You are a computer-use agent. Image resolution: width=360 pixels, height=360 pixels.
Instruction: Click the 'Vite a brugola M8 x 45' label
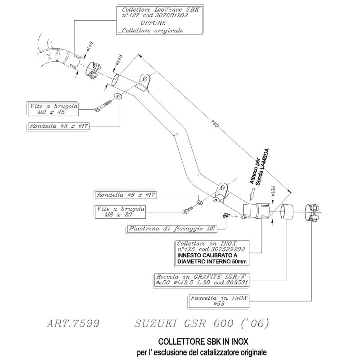click(53, 109)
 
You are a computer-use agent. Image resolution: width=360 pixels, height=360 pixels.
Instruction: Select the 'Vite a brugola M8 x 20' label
click(120, 211)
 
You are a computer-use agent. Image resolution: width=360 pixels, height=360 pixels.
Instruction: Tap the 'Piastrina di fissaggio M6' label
click(171, 229)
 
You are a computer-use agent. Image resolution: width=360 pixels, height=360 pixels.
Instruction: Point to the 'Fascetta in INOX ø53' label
click(219, 301)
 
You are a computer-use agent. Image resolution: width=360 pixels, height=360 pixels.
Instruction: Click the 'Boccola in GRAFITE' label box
click(201, 279)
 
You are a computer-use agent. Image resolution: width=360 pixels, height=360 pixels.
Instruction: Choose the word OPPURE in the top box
click(153, 23)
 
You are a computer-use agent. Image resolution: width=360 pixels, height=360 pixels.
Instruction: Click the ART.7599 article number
click(73, 324)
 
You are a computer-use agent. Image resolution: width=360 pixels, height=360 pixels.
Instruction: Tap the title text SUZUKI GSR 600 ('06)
click(201, 324)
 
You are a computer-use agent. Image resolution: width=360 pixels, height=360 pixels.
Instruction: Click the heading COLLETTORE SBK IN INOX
click(203, 342)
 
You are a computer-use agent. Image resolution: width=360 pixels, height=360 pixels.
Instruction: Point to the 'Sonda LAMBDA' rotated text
click(262, 167)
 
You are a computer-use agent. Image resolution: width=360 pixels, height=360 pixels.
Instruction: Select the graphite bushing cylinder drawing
click(287, 211)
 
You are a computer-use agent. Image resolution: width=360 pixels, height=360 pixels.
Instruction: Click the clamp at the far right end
click(312, 212)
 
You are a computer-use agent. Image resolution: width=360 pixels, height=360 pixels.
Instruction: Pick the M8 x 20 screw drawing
click(188, 210)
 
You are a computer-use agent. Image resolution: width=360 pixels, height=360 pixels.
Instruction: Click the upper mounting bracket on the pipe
click(143, 83)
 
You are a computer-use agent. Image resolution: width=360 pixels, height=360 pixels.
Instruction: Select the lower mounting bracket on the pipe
click(220, 192)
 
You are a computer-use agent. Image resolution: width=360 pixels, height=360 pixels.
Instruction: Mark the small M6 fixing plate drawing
click(226, 216)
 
